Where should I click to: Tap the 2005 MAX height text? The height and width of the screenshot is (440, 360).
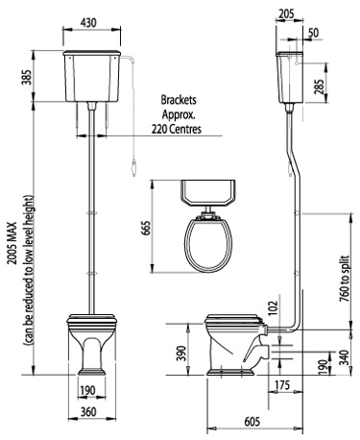(x=12, y=233)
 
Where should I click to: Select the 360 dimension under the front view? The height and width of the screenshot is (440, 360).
(x=88, y=413)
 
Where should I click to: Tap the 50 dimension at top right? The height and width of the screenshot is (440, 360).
(x=315, y=33)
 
